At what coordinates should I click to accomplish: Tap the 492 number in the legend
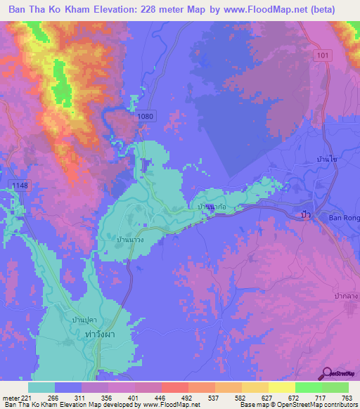pos(179,397)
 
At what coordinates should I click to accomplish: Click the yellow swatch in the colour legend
pos(281,387)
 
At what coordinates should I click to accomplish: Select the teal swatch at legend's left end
pos(41,387)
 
